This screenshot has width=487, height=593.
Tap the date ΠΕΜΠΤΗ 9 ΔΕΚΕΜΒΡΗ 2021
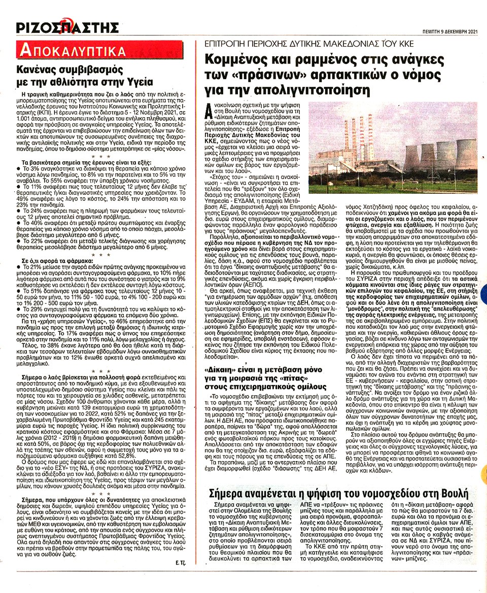point(447,31)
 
